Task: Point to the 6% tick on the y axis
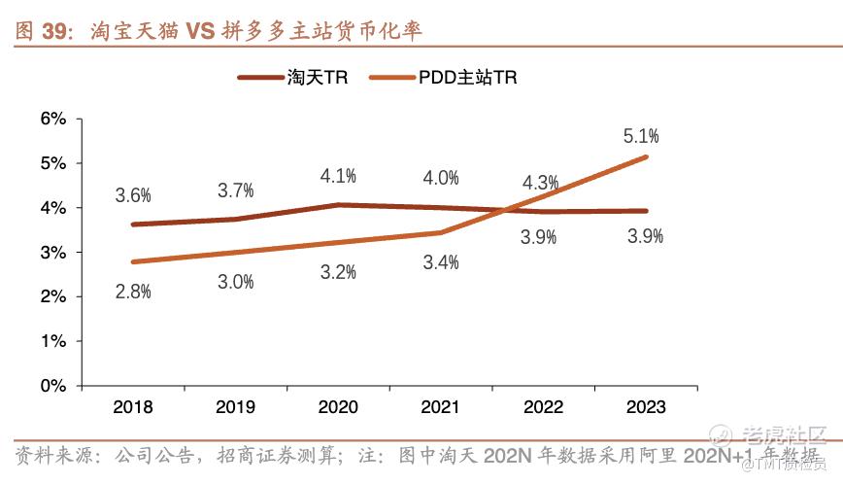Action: point(52,119)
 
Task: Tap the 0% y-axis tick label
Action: point(52,386)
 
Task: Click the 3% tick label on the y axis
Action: point(52,253)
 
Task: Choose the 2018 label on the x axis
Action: point(132,408)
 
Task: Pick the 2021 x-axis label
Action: point(441,408)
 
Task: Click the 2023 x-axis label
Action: point(646,408)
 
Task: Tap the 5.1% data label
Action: point(642,135)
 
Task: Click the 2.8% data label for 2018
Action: point(133,292)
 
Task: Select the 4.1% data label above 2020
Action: point(339,176)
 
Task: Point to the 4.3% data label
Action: point(540,182)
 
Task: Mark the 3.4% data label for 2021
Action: point(441,260)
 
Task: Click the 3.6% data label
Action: point(133,194)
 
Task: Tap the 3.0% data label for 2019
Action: point(236,282)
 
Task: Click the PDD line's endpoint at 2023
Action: point(646,157)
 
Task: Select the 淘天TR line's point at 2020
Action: point(338,205)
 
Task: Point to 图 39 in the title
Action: point(45,32)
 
